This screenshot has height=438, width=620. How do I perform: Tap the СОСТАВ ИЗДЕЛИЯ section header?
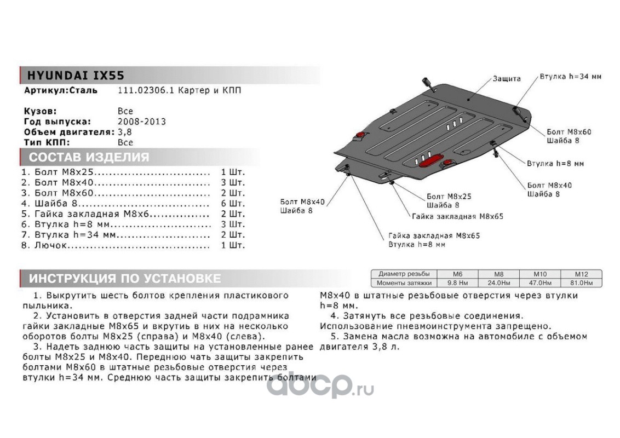(x=89, y=158)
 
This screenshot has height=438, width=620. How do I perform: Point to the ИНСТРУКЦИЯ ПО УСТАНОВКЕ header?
(x=125, y=279)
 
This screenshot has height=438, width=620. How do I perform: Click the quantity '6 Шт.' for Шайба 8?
(x=233, y=203)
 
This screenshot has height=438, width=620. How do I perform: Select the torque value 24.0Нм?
(x=499, y=283)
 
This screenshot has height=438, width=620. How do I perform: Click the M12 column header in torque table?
(x=581, y=274)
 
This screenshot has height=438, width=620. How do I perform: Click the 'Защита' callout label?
(x=506, y=79)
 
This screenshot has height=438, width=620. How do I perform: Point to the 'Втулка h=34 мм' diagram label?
(x=570, y=77)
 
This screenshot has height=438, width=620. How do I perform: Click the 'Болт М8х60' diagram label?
(x=568, y=132)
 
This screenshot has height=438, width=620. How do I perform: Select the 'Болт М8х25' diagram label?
(x=448, y=196)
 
